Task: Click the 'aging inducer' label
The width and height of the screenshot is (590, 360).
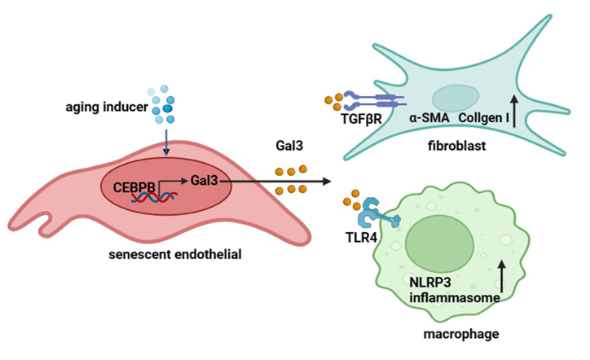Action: coord(107,108)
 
